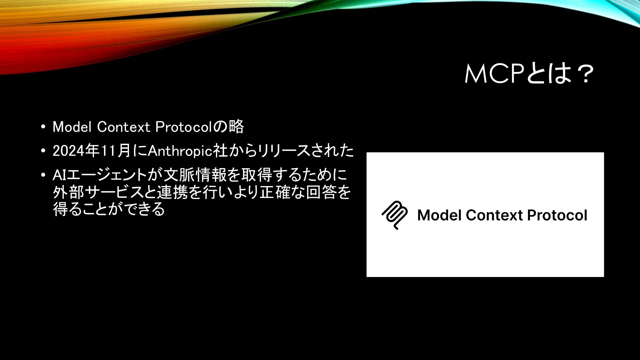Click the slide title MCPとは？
coord(529,74)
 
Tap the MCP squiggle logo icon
coord(395,215)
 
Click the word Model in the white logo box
coord(439,215)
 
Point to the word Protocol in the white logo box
coord(557,215)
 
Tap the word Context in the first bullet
coord(124,127)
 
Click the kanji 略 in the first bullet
coord(236,127)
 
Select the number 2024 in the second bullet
coord(68,151)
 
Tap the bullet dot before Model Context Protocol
coord(43,127)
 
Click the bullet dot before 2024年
coord(43,151)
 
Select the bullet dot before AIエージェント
coord(43,175)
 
